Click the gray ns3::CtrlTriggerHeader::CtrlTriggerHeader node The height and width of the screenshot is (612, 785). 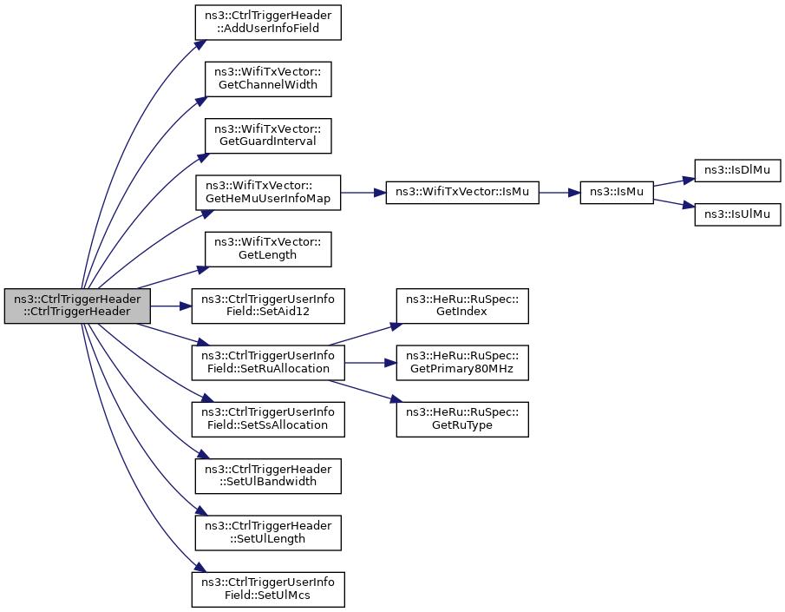coord(77,306)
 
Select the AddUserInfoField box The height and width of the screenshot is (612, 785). coord(268,23)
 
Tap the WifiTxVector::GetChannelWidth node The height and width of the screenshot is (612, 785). coord(268,79)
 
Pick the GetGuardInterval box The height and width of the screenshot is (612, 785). coord(268,135)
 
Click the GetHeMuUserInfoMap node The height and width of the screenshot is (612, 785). coord(268,193)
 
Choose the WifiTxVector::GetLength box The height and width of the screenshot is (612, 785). coord(268,249)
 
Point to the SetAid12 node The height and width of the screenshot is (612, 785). coord(268,306)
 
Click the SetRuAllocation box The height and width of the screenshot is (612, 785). coord(268,362)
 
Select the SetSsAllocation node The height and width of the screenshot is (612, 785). coord(268,419)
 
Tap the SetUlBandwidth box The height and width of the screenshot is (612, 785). coord(268,477)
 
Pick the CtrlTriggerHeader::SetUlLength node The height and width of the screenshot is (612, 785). coord(268,533)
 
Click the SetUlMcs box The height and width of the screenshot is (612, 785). coord(268,589)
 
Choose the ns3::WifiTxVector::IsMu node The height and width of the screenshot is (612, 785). coord(462,193)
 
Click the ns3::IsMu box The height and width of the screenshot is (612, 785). coord(617,193)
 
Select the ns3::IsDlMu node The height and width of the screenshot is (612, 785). coord(737,170)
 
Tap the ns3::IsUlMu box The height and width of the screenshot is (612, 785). coord(737,214)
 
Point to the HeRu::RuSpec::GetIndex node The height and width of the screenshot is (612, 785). coord(462,306)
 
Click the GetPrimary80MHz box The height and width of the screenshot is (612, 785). coord(462,362)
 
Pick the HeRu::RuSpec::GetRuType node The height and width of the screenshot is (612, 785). coord(462,419)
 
